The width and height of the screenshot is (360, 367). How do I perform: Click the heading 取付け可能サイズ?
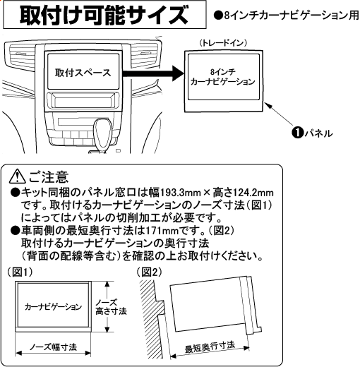click(x=104, y=15)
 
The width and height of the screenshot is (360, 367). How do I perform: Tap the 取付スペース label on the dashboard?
click(x=83, y=73)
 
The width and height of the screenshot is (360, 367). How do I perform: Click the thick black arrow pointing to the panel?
click(x=153, y=73)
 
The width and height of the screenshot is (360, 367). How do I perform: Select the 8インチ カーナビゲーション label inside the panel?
click(x=222, y=77)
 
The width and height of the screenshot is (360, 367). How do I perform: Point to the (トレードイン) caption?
click(x=223, y=43)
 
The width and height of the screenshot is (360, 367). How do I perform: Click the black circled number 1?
click(x=297, y=133)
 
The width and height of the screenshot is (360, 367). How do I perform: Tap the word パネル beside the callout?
click(x=318, y=133)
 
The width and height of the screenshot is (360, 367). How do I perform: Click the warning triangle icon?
click(x=17, y=177)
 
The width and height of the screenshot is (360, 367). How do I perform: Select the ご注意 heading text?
click(x=49, y=177)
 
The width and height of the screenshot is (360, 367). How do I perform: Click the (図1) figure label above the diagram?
click(x=20, y=272)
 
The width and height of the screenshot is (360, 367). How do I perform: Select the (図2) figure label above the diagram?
click(x=149, y=272)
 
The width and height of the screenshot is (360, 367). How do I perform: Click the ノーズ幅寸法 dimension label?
click(x=53, y=347)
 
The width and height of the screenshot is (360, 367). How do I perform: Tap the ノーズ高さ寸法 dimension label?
click(x=111, y=307)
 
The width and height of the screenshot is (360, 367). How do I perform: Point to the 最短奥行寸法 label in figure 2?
click(x=210, y=347)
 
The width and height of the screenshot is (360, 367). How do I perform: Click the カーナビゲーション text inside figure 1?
click(x=53, y=307)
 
